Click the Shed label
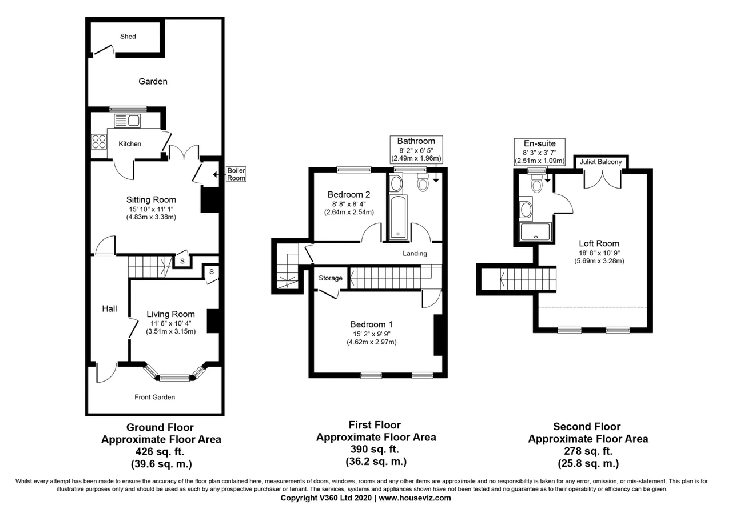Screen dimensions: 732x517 [x=128, y=36]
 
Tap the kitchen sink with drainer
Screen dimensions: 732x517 [x=127, y=121]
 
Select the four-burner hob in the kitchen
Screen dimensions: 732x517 [x=99, y=142]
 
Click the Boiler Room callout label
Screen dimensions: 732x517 [x=236, y=174]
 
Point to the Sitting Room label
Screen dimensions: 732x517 [x=151, y=199]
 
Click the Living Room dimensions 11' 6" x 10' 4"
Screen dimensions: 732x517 [x=170, y=323]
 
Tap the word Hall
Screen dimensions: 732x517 [x=109, y=308]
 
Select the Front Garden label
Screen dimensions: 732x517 [x=154, y=397]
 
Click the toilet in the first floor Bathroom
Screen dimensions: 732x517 [x=423, y=182]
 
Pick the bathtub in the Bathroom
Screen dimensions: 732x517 [x=398, y=217]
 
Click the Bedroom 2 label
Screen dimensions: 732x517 [x=349, y=195]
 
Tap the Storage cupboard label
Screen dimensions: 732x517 [x=331, y=278]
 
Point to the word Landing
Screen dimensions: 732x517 [x=415, y=253]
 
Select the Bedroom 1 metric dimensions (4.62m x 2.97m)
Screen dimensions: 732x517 [x=372, y=342]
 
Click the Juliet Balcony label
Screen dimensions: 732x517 [x=600, y=162]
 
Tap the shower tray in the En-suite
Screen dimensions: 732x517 [x=535, y=232]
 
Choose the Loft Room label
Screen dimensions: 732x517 [x=599, y=243]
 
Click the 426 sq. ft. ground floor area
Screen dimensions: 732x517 [x=160, y=452]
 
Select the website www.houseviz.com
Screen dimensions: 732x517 [x=415, y=498]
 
